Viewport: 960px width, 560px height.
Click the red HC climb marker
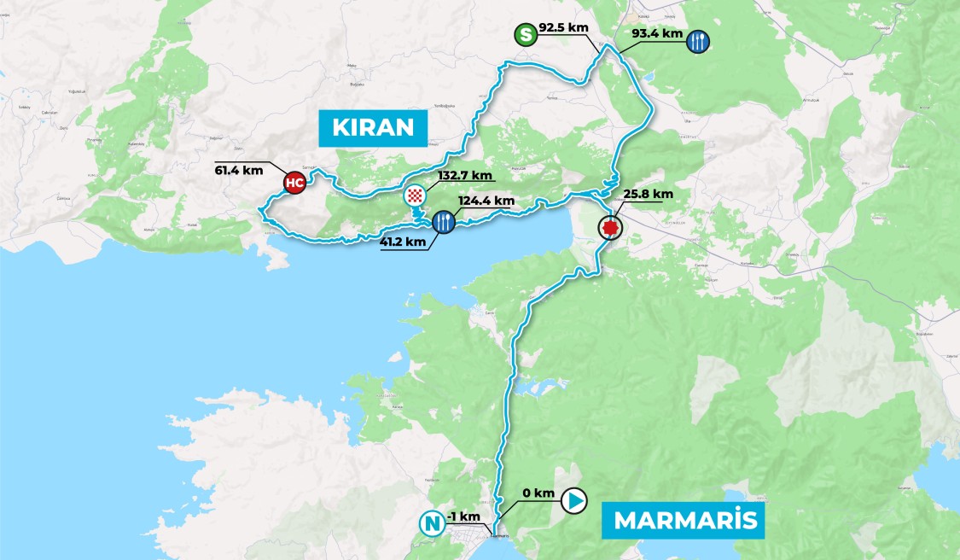[294, 183]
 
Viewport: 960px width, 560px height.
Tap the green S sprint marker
[527, 36]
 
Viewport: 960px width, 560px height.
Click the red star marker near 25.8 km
[609, 227]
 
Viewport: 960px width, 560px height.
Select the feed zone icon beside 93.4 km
[698, 41]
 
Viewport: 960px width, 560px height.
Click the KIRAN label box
[372, 128]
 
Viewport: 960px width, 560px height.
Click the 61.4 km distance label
[239, 170]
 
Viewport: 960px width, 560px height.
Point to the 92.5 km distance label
[564, 27]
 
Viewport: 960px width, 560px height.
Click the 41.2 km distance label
[401, 242]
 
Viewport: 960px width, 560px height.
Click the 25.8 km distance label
[648, 194]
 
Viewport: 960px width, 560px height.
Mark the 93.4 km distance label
[659, 34]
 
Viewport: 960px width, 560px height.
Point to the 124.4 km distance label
[486, 201]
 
